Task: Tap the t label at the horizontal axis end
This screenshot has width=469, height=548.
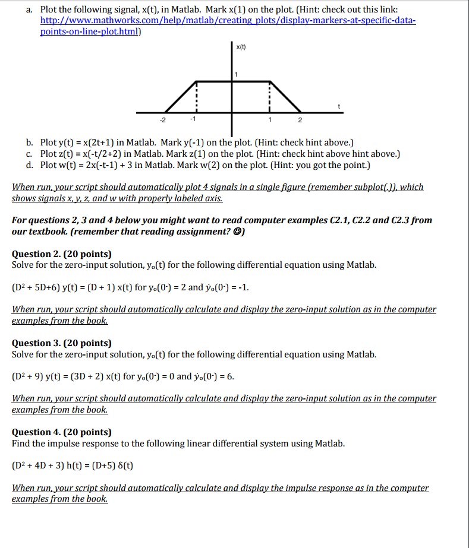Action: pyautogui.click(x=339, y=106)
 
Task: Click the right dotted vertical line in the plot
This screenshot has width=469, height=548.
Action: pyautogui.click(x=270, y=95)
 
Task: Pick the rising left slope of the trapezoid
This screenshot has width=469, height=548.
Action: pyautogui.click(x=180, y=97)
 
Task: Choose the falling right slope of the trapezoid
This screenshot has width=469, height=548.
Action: pyautogui.click(x=286, y=97)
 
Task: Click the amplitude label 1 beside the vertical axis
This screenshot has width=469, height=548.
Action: pyautogui.click(x=236, y=74)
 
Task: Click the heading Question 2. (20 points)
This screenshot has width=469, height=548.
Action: pyautogui.click(x=62, y=254)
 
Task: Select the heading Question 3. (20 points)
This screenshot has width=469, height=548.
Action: pyautogui.click(x=62, y=343)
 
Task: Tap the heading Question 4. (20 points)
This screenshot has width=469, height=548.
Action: pyautogui.click(x=62, y=432)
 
